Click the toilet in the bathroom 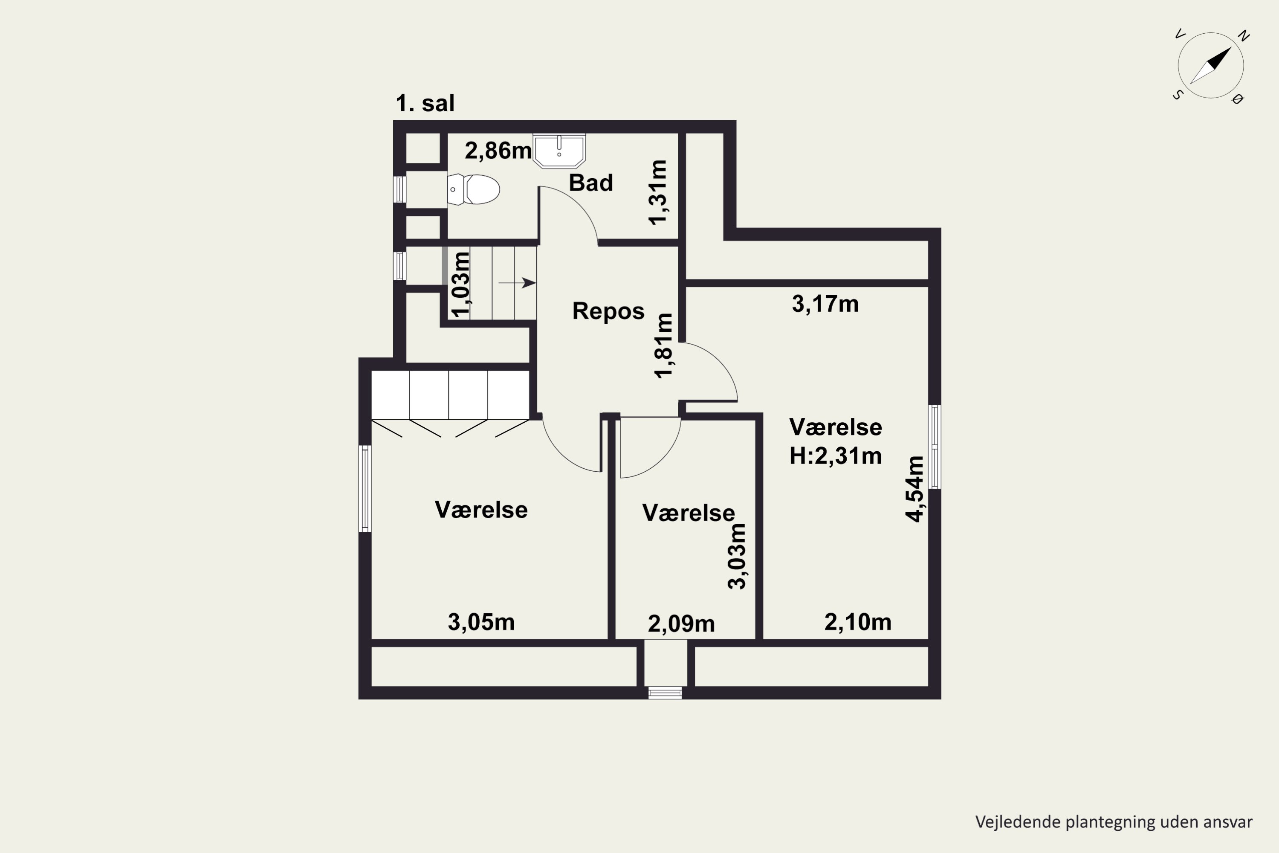[x=473, y=189]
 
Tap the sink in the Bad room [x=559, y=150]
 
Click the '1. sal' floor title [x=425, y=103]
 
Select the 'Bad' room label [x=590, y=183]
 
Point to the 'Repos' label [x=608, y=311]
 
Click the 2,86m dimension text [x=498, y=151]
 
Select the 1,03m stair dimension [x=460, y=284]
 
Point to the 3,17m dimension [x=825, y=304]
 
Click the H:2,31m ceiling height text [x=835, y=456]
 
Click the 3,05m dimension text [x=481, y=622]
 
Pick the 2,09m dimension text [x=681, y=624]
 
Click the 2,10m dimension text [x=857, y=622]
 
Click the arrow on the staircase [x=517, y=283]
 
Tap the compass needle [x=1210, y=66]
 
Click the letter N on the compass [x=1243, y=36]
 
